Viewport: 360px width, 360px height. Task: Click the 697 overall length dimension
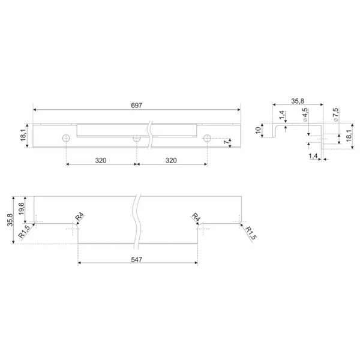click(x=137, y=106)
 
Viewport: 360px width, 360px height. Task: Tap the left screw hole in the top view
click(x=66, y=138)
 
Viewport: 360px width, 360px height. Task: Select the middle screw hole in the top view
click(x=137, y=139)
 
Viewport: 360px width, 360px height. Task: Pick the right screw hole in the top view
click(x=207, y=138)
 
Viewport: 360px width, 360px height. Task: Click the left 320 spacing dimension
click(x=101, y=160)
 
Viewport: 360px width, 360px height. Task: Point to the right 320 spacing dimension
click(x=171, y=160)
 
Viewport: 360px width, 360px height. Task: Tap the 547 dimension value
click(x=137, y=259)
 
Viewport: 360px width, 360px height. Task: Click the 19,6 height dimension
click(x=22, y=208)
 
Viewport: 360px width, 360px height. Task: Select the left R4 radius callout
click(x=80, y=217)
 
